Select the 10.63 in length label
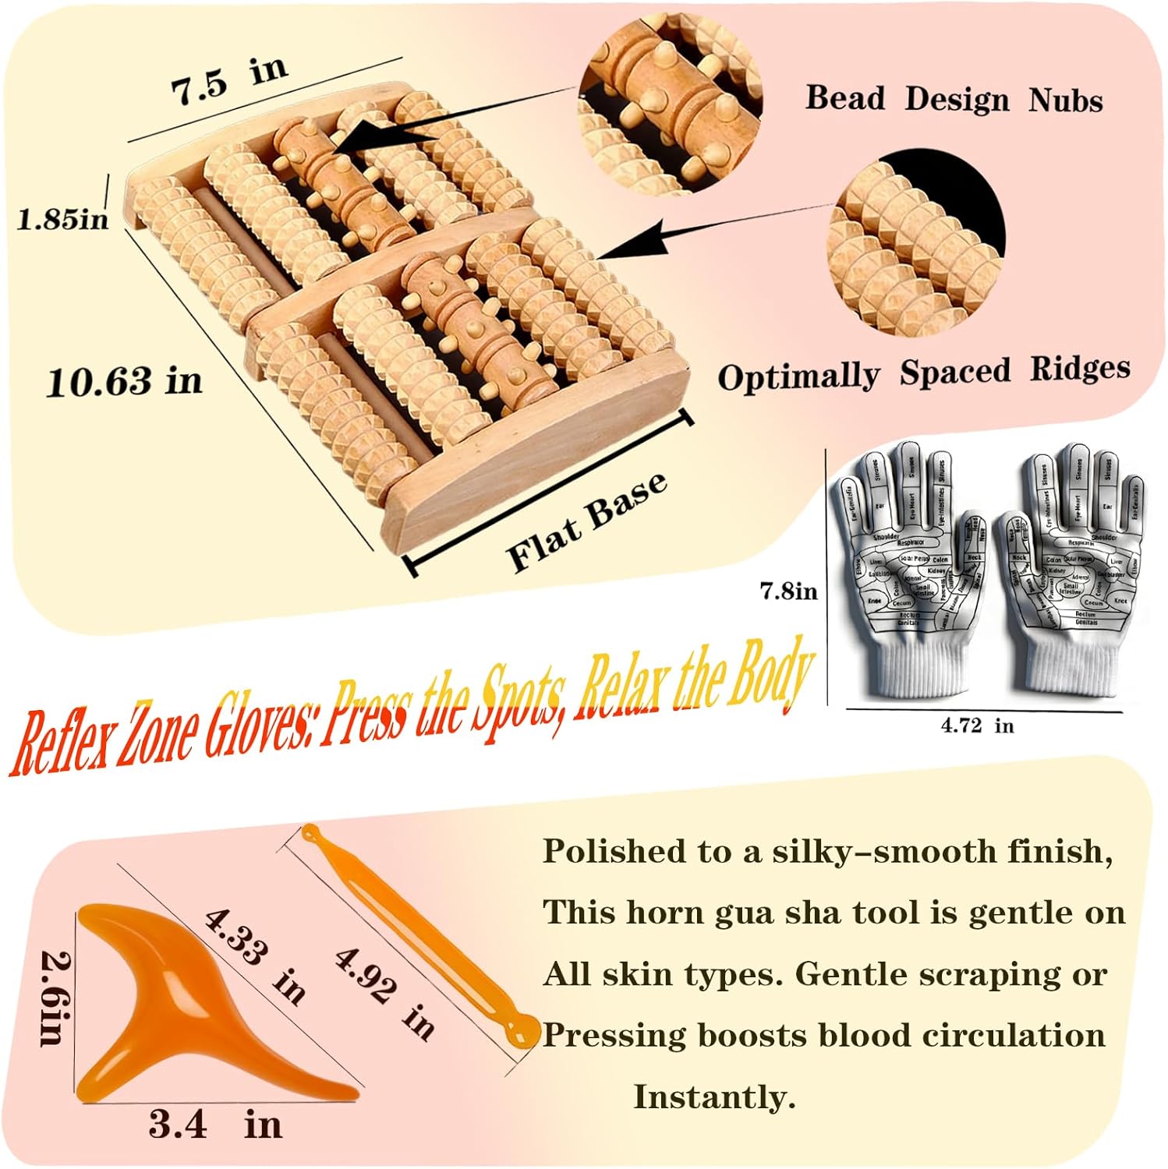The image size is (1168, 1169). click(124, 382)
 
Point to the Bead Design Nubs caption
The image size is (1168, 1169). click(954, 99)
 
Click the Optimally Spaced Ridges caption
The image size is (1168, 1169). click(923, 373)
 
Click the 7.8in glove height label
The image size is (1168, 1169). click(789, 592)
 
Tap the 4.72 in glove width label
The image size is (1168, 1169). click(977, 726)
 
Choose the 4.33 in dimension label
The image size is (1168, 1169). click(253, 955)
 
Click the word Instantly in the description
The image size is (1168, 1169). click(713, 1097)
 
